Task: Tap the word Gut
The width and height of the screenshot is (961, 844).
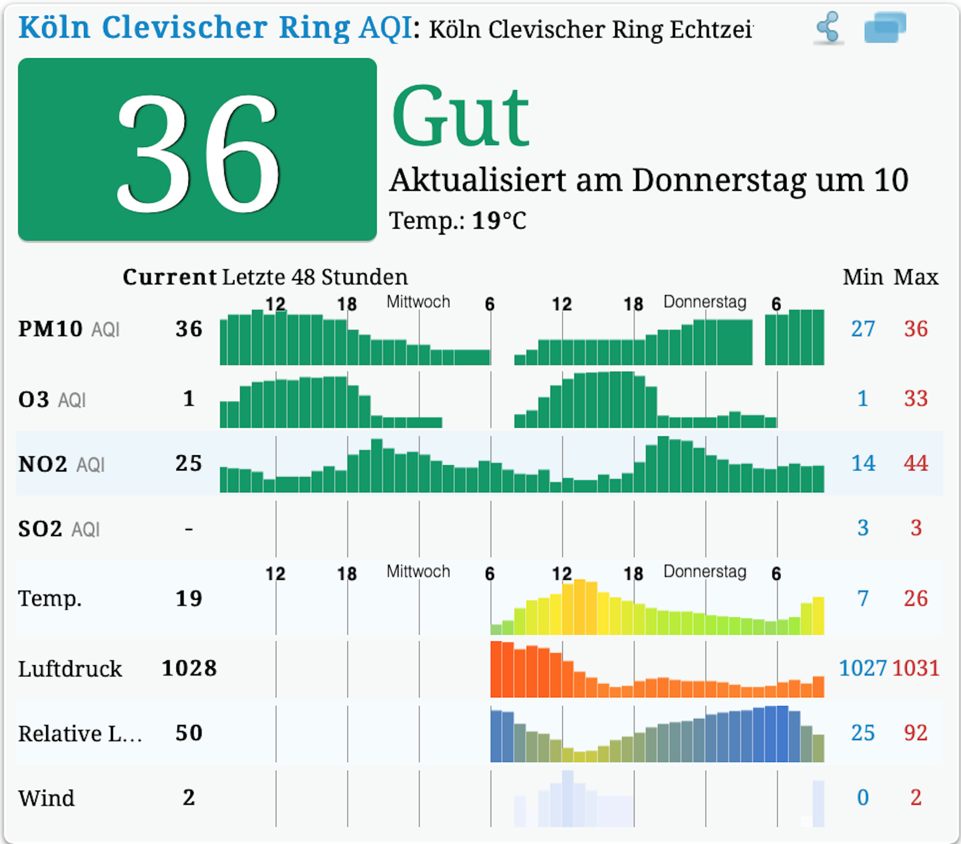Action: (x=460, y=116)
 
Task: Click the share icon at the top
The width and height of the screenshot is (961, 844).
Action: (x=828, y=28)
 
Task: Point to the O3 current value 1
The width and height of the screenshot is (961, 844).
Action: (x=189, y=398)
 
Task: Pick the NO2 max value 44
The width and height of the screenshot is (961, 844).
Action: (x=916, y=463)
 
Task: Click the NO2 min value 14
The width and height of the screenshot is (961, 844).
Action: (x=863, y=463)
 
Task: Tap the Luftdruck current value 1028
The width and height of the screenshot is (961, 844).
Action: (x=189, y=668)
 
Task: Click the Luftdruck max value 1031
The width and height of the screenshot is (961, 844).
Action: (x=916, y=668)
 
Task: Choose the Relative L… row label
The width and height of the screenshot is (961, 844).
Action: (x=80, y=733)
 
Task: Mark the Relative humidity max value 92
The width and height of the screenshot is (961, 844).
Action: (x=916, y=733)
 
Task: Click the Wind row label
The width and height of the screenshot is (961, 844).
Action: (x=46, y=798)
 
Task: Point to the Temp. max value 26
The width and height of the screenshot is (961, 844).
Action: (x=916, y=598)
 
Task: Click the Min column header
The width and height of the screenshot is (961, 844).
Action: (x=863, y=277)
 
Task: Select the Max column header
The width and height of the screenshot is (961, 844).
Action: (x=916, y=277)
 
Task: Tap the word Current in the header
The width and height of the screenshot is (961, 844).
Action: (x=170, y=277)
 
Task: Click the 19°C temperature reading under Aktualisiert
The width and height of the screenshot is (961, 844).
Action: (x=499, y=221)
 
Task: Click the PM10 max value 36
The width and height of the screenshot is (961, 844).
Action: (x=916, y=329)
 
